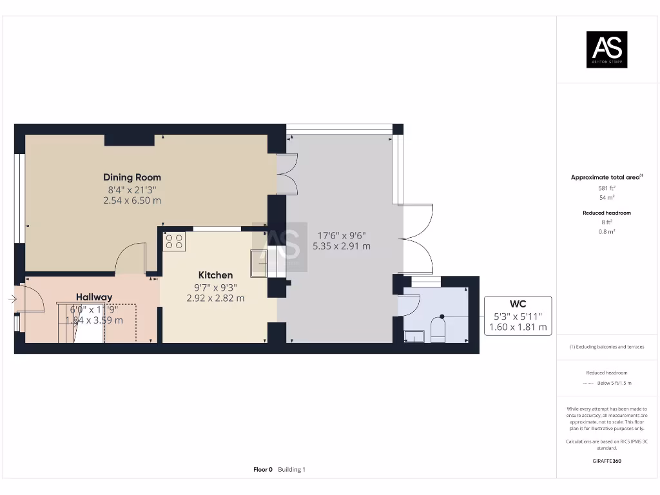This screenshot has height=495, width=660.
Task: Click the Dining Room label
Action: coord(132,177)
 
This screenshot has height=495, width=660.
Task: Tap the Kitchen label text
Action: coord(215,275)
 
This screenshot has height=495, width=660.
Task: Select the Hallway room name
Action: coord(94,297)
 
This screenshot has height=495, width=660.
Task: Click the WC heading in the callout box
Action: coord(518,304)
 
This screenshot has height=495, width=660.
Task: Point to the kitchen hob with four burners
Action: coord(174,242)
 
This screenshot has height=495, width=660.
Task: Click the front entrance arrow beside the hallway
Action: coord(12,299)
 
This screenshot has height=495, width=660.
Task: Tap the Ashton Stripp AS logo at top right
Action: coord(607,50)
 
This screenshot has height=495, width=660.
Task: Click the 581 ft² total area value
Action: coord(606,188)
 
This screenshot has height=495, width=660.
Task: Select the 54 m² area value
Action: coord(606,198)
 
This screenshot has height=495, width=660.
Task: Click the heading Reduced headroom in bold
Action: coord(607,213)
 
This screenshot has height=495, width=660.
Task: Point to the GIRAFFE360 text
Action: coord(607,461)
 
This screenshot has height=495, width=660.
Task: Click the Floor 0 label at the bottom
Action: coord(263,470)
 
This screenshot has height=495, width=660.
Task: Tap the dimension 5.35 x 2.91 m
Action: coord(342,246)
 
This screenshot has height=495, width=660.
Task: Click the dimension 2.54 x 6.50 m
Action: coord(132,200)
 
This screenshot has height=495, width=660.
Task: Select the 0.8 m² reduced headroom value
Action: coord(607,231)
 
